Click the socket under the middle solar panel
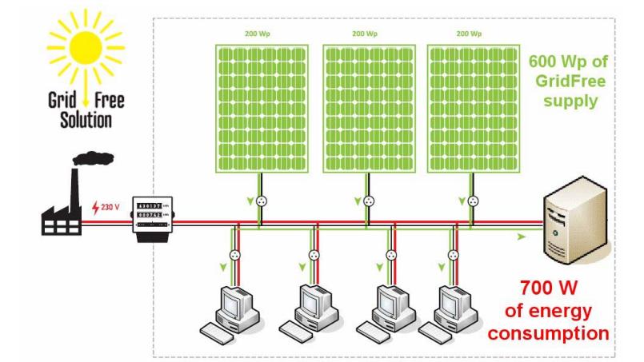(367, 201)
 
